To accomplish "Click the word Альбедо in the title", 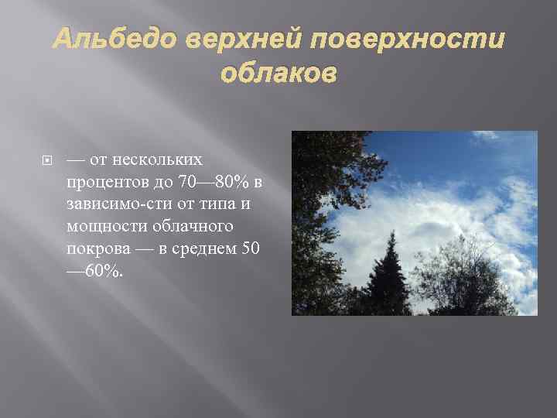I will coord(99,39).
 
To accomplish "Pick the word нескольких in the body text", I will coord(158,160).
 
